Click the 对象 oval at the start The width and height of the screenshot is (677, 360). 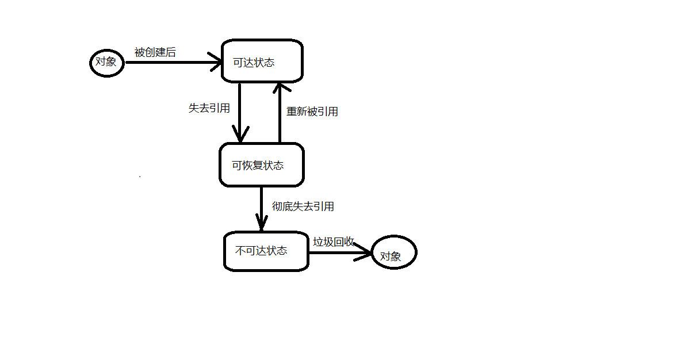107,62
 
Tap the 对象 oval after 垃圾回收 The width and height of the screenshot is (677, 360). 393,252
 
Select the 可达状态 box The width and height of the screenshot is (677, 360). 262,61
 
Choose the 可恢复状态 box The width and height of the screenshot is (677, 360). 261,165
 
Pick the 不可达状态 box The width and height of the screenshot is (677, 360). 265,251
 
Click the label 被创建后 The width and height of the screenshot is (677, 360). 155,52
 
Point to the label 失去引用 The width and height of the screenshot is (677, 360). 209,108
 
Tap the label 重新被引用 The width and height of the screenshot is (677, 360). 312,112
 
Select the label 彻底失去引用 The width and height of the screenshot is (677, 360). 303,206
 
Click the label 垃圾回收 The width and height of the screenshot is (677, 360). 333,242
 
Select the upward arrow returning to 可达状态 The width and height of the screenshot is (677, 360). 279,115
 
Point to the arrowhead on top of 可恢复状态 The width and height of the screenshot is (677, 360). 239,135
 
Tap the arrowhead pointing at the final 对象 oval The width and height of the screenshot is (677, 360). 364,251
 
